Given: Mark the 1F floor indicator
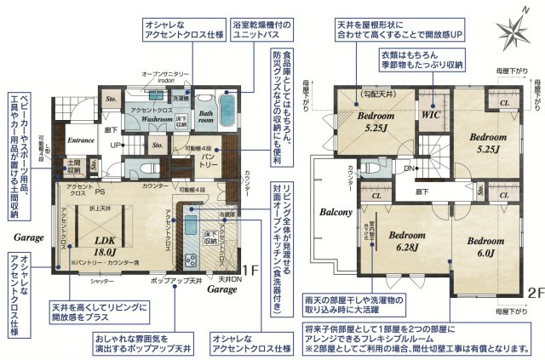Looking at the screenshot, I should (249, 271).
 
